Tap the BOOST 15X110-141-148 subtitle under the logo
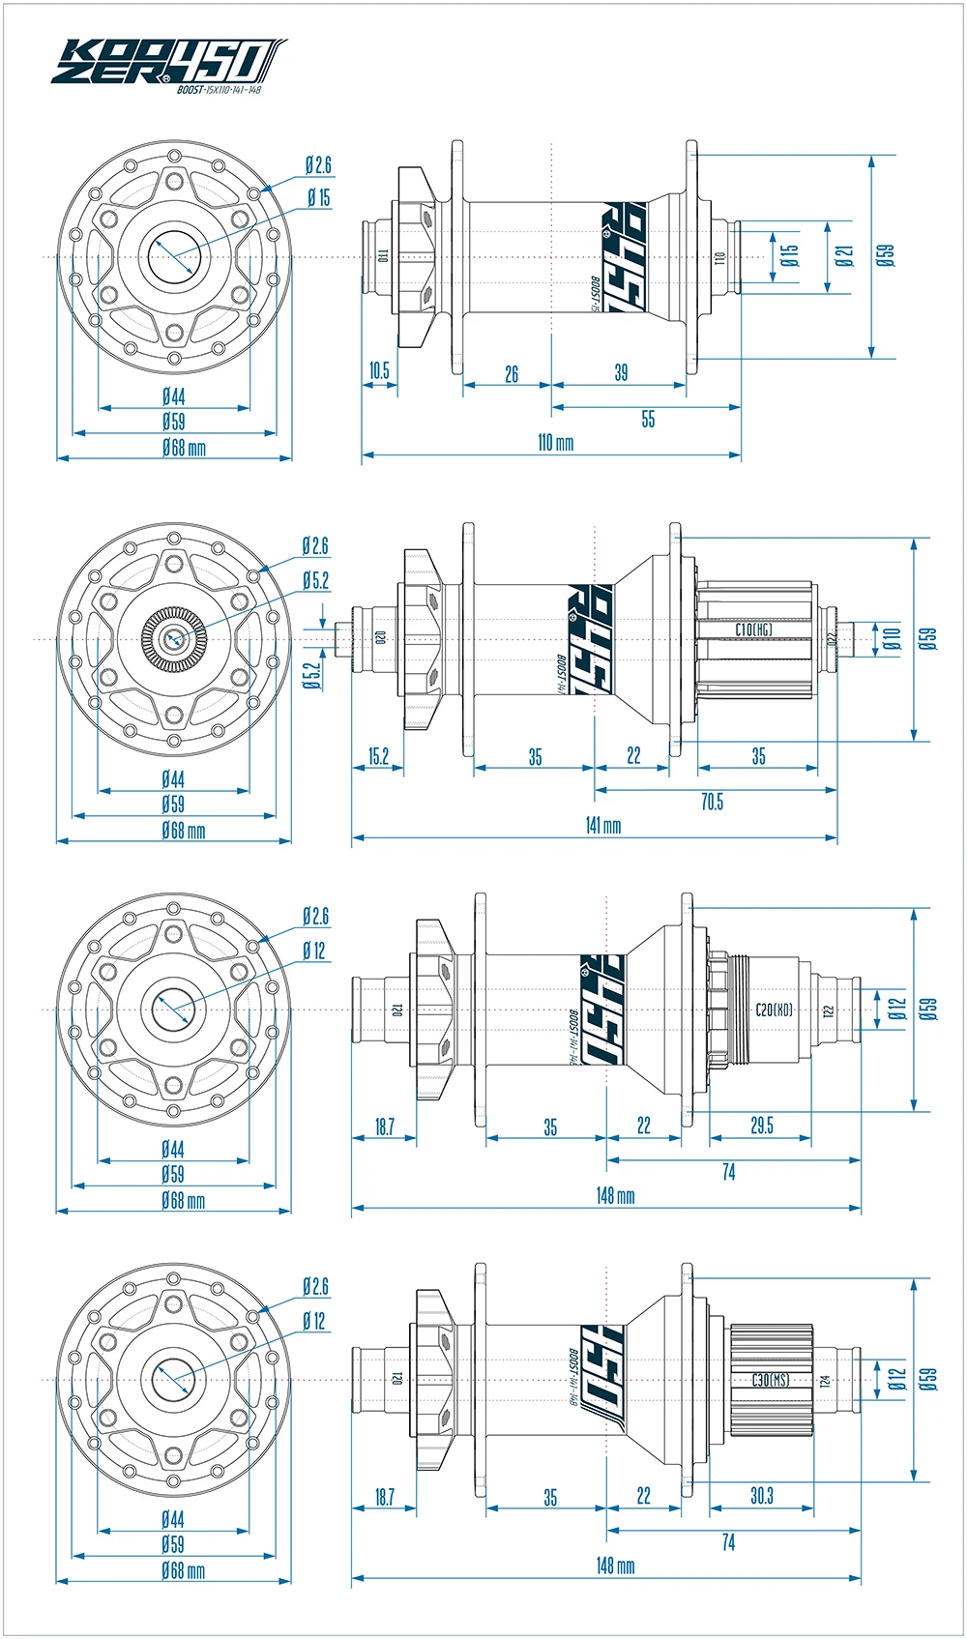[x=220, y=91]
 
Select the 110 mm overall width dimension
[x=555, y=443]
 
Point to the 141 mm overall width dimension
[x=603, y=826]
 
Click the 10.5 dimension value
[x=379, y=370]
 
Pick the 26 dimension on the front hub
[x=512, y=373]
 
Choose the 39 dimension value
[x=621, y=372]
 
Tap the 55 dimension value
[x=648, y=419]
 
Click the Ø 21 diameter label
[x=845, y=256]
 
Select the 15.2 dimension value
[x=378, y=755]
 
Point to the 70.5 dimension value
[x=712, y=802]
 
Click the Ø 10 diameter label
[x=892, y=638]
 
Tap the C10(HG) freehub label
[x=753, y=629]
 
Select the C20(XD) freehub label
[x=774, y=1010]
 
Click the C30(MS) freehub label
[x=771, y=1380]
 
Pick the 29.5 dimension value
[x=762, y=1126]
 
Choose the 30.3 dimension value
[x=762, y=1496]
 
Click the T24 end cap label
[x=826, y=1382]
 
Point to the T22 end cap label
[x=828, y=1011]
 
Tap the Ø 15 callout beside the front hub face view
[x=319, y=197]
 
